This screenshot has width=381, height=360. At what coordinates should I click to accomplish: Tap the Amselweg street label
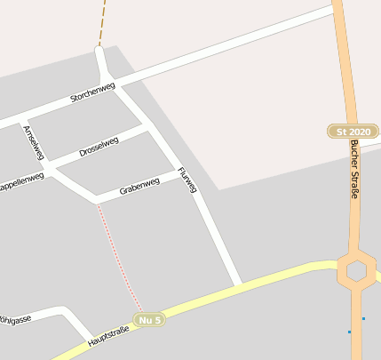(x=35, y=141)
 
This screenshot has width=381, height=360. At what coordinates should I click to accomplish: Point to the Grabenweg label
(x=139, y=186)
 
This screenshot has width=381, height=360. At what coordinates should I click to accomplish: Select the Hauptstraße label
(x=108, y=336)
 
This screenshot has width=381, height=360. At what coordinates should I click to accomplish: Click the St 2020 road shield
(x=353, y=132)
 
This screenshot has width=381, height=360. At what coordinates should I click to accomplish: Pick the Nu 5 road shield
(x=149, y=319)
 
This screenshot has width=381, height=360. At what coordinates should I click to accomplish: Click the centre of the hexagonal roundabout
(x=357, y=270)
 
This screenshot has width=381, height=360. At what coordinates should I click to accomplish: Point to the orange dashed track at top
(x=102, y=22)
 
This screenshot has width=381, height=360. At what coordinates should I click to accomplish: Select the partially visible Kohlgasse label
(x=15, y=318)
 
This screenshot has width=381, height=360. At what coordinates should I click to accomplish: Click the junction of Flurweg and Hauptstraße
(x=238, y=284)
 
